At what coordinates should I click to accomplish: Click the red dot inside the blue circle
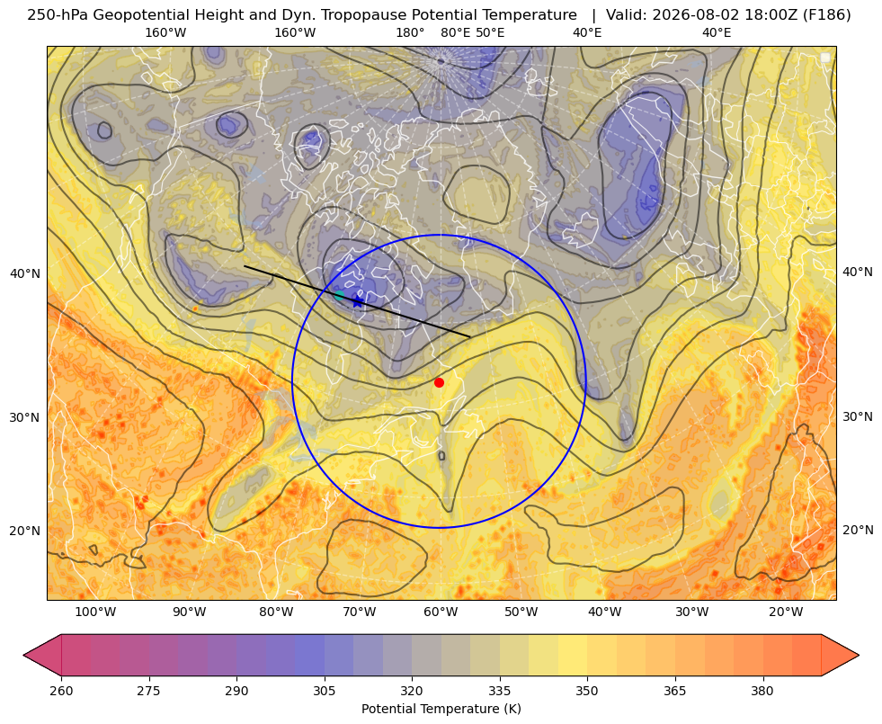439,382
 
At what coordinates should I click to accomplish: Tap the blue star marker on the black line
357,302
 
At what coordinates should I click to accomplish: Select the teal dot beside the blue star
339,295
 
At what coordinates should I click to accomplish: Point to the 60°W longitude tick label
440,612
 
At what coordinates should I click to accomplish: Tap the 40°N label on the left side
25,273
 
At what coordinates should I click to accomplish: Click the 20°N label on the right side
858,530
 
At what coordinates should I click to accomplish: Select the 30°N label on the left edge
25,417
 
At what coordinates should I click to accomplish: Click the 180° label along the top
410,32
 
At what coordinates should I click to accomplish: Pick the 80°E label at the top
455,32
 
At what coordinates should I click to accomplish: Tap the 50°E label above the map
490,32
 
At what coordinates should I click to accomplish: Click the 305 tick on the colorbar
324,691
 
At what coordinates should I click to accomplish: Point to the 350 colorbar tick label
587,691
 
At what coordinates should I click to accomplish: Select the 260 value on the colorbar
61,691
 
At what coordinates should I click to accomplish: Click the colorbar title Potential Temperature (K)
441,709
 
